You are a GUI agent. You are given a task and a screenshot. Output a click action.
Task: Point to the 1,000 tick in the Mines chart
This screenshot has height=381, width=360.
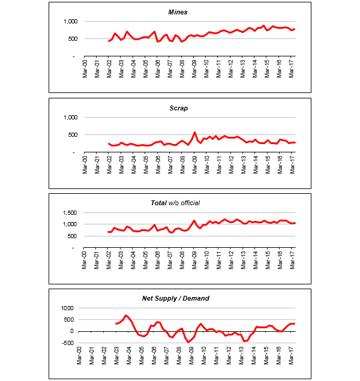[x=67, y=22]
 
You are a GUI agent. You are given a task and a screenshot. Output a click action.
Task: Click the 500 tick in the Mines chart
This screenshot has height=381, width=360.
[x=70, y=39]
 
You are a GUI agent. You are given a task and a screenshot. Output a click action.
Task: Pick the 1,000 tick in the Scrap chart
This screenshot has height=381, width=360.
[x=67, y=118]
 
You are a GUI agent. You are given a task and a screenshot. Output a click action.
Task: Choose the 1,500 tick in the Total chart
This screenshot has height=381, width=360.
[x=67, y=213]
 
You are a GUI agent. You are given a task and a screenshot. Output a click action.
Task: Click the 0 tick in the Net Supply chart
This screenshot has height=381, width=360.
[x=71, y=331]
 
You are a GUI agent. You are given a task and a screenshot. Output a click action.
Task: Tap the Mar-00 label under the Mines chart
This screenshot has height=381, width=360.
[x=85, y=66]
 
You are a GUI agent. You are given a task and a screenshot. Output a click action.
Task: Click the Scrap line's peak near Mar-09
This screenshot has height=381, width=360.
[x=194, y=132]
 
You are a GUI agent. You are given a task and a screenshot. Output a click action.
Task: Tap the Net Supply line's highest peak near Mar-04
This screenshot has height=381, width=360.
[x=125, y=315]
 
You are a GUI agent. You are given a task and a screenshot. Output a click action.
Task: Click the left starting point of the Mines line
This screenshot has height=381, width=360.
[x=109, y=41]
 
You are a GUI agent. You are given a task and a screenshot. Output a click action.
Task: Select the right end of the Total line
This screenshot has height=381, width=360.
[x=295, y=223]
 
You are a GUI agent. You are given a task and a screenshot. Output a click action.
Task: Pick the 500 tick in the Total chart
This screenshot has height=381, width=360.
[x=70, y=236]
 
